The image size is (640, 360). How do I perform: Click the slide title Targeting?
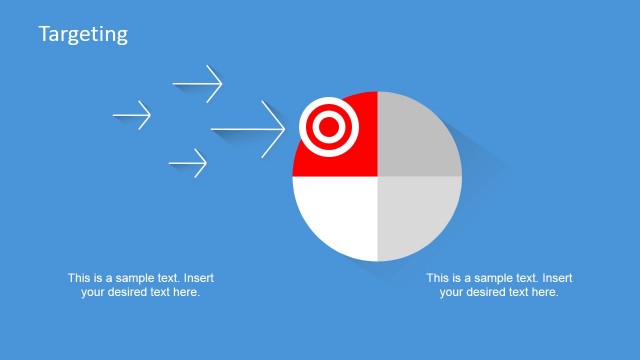[x=83, y=34]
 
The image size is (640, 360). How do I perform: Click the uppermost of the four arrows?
[x=197, y=83]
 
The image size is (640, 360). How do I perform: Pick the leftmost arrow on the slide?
[x=132, y=115]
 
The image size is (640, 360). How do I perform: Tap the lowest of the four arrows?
[x=188, y=162]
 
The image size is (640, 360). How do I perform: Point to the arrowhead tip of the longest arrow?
[x=285, y=129]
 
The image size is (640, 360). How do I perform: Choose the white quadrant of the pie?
[x=335, y=215]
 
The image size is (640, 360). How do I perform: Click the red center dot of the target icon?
[x=326, y=128]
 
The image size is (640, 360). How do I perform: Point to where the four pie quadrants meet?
[x=377, y=176]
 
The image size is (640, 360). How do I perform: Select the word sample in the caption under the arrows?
[x=136, y=278]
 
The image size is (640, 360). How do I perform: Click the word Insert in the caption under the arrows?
[x=198, y=278]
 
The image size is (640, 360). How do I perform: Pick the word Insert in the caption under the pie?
[x=556, y=278]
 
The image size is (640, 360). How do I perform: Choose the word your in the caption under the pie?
[x=451, y=292]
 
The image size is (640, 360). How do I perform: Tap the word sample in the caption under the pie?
[x=494, y=278]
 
